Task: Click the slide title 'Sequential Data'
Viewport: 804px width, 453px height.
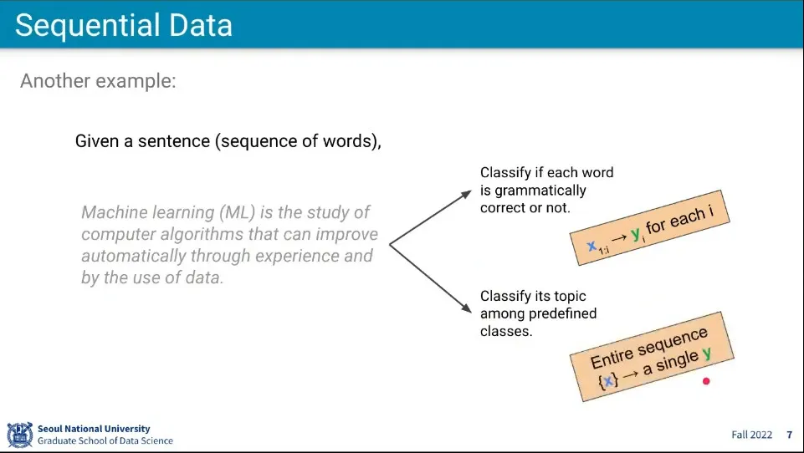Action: point(124,25)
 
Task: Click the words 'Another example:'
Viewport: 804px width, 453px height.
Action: point(98,81)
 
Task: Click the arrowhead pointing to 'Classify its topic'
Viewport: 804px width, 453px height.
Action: point(466,308)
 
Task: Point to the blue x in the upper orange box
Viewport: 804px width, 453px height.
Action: point(591,246)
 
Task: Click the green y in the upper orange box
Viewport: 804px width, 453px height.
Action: point(635,234)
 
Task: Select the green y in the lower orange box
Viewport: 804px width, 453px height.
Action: point(707,353)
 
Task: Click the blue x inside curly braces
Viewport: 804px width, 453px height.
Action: point(608,380)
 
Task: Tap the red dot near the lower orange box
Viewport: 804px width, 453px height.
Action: point(706,381)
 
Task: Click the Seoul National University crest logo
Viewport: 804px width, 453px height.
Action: point(20,435)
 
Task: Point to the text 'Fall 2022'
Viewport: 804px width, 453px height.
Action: point(751,435)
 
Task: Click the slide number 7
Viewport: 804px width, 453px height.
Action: point(790,435)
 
